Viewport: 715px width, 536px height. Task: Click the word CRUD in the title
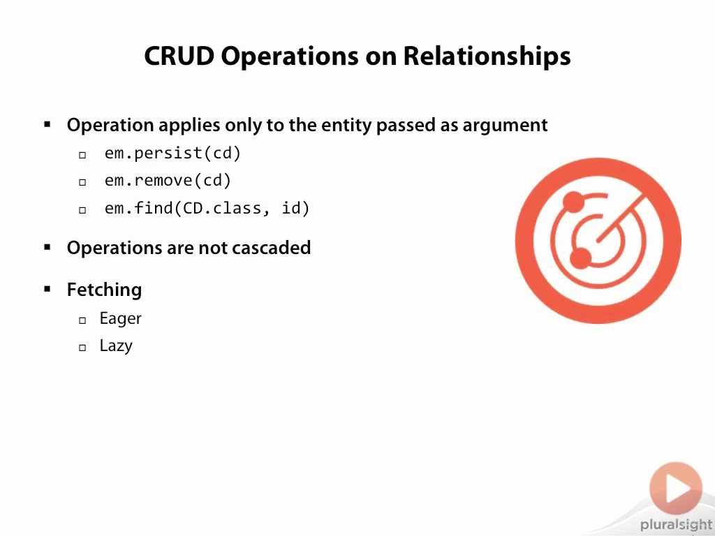179,56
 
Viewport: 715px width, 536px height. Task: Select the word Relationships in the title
487,57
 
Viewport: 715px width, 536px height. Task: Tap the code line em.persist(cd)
172,153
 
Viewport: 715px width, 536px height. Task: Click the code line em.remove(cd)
168,181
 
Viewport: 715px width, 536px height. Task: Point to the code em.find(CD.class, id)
207,208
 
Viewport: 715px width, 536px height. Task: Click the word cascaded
272,248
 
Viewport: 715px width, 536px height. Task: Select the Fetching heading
105,290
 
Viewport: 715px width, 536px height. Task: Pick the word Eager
120,318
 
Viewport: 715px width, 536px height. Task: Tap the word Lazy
117,346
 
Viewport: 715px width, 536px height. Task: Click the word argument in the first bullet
506,126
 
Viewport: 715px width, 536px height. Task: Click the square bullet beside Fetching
47,289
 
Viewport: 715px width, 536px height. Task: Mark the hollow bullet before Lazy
82,348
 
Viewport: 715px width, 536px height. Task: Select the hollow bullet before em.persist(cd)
82,155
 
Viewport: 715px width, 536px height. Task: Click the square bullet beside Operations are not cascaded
47,248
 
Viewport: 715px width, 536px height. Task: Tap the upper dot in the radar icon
573,202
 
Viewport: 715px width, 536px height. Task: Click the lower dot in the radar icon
580,259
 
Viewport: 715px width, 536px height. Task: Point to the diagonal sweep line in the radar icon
621,218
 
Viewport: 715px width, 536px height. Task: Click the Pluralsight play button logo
676,488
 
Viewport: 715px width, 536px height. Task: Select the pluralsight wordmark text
676,525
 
